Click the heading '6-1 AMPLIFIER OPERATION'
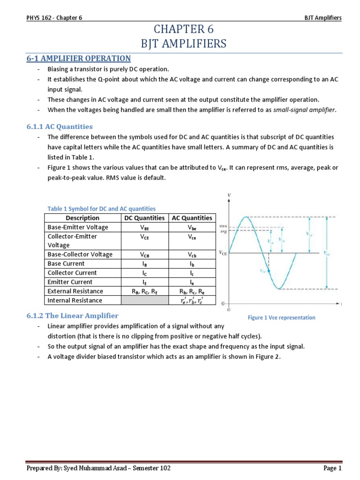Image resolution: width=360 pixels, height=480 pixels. (x=79, y=58)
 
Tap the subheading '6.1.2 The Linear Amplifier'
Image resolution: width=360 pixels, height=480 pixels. (x=73, y=315)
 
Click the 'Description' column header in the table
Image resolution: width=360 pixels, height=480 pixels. (x=82, y=218)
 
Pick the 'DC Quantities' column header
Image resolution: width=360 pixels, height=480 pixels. (x=144, y=218)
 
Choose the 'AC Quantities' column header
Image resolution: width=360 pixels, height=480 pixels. (x=192, y=218)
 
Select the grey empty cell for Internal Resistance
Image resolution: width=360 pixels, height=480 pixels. (x=144, y=300)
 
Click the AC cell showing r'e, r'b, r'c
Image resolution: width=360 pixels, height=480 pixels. (x=192, y=300)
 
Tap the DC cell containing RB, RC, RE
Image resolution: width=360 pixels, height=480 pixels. (x=144, y=291)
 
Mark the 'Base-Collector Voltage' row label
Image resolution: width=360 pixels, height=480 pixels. (x=80, y=255)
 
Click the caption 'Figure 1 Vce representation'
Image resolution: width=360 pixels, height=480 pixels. (x=281, y=317)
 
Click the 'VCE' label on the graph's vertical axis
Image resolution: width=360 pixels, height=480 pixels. (x=223, y=253)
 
